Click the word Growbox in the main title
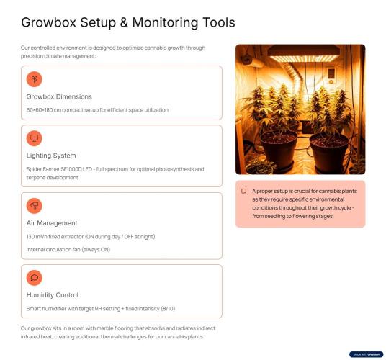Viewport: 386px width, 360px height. pyautogui.click(x=49, y=22)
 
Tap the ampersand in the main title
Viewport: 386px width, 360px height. pyautogui.click(x=124, y=22)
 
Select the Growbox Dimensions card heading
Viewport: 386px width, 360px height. pyautogui.click(x=59, y=96)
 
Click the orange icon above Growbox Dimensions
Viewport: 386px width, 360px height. pyautogui.click(x=35, y=79)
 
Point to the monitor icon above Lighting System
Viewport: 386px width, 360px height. pyautogui.click(x=35, y=138)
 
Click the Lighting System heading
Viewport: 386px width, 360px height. pyautogui.click(x=51, y=156)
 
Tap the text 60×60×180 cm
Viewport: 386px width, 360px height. pyautogui.click(x=44, y=110)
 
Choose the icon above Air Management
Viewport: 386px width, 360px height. pyautogui.click(x=35, y=206)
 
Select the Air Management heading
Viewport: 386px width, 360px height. pyautogui.click(x=52, y=223)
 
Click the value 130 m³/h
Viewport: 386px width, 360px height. pyautogui.click(x=37, y=237)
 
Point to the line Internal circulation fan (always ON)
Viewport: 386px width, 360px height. pyautogui.click(x=68, y=250)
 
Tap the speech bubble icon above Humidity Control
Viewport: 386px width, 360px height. pyautogui.click(x=35, y=278)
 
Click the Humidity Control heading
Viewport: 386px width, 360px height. pyautogui.click(x=53, y=295)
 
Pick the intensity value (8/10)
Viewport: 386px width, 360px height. pyautogui.click(x=168, y=309)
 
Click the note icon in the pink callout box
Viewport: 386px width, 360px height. pyautogui.click(x=243, y=192)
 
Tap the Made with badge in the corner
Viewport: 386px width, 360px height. pyautogui.click(x=367, y=354)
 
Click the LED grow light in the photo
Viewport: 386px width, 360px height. pyautogui.click(x=303, y=53)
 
